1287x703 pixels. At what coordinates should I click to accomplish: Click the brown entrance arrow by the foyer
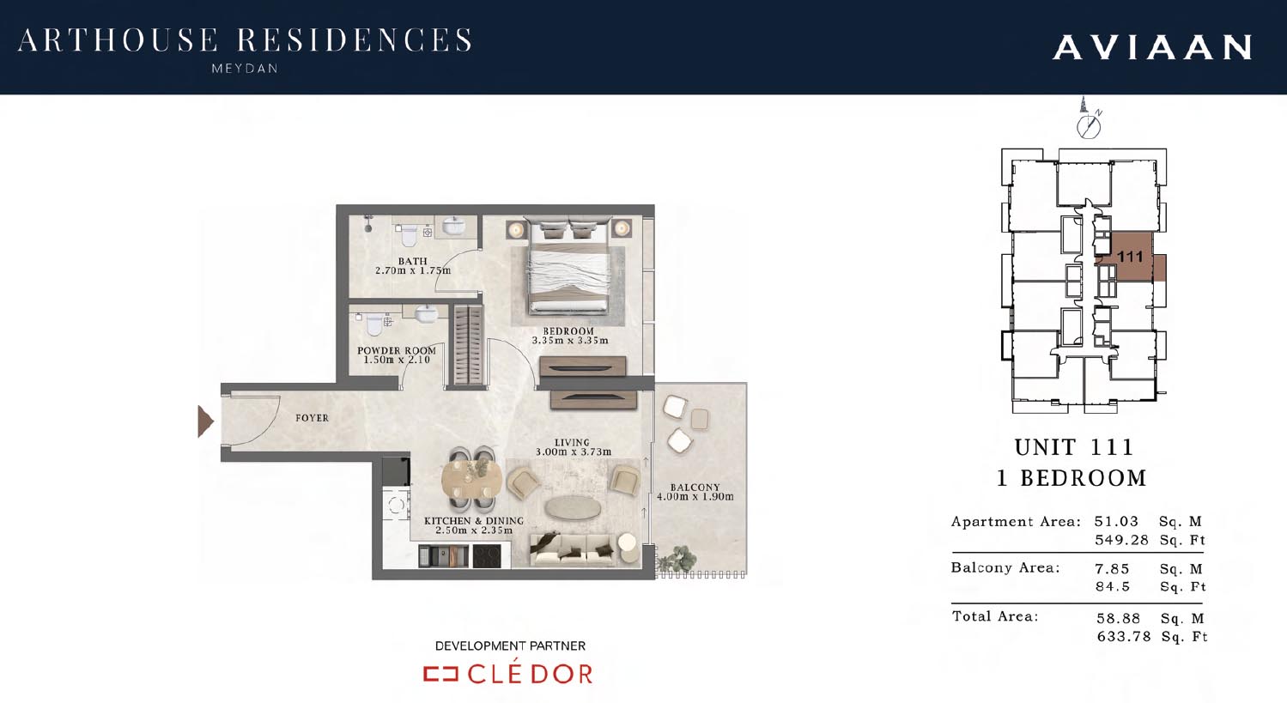point(205,421)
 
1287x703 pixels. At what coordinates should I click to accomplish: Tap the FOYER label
point(312,418)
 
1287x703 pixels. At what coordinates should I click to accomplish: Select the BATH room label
point(412,261)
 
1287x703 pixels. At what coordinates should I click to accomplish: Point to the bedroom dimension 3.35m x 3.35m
point(570,341)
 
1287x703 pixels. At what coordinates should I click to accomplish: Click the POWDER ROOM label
point(397,350)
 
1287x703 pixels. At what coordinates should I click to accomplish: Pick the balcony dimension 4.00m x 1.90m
point(695,497)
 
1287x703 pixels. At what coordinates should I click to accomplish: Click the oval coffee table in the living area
point(574,508)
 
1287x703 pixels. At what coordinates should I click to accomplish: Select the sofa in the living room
point(571,549)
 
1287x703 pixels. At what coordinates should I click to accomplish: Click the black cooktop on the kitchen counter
point(487,556)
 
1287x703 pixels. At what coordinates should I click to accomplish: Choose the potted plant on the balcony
point(677,556)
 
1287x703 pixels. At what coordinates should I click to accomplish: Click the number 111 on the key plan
point(1130,257)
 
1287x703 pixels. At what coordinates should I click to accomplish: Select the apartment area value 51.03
point(1116,522)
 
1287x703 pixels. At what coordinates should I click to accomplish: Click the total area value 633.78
point(1124,637)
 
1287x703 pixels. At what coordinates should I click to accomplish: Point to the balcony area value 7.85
point(1112,569)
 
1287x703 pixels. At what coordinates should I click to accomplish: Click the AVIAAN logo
point(1152,47)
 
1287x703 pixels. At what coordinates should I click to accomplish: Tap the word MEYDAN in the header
point(245,69)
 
